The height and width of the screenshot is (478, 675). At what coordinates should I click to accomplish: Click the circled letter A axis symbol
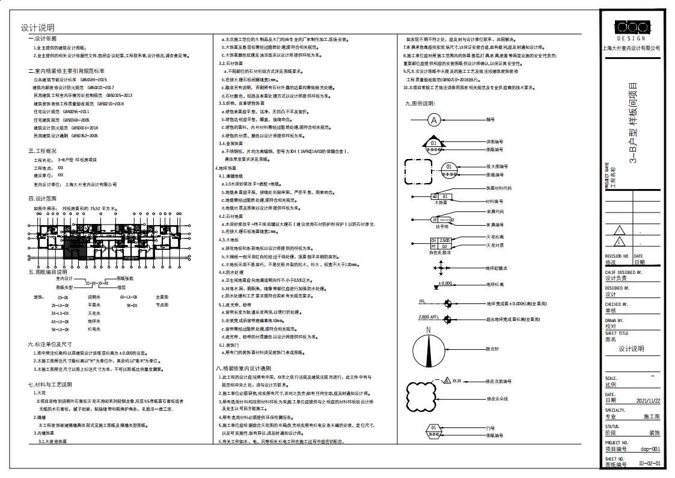click(x=433, y=120)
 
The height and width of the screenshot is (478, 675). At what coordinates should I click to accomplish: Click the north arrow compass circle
click(x=429, y=349)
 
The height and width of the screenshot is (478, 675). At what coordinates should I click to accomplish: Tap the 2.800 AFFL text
click(x=429, y=316)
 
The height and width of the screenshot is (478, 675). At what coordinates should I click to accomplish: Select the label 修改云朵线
click(x=498, y=399)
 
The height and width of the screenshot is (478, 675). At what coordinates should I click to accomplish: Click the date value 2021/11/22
click(x=649, y=400)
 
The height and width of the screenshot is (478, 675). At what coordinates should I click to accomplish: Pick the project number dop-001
click(x=650, y=449)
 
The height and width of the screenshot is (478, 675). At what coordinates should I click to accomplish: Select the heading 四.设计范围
click(x=42, y=198)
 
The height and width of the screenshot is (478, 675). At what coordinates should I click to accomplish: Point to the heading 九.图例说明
click(x=420, y=103)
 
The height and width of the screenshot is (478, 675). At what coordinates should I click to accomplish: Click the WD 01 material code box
click(x=441, y=196)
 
